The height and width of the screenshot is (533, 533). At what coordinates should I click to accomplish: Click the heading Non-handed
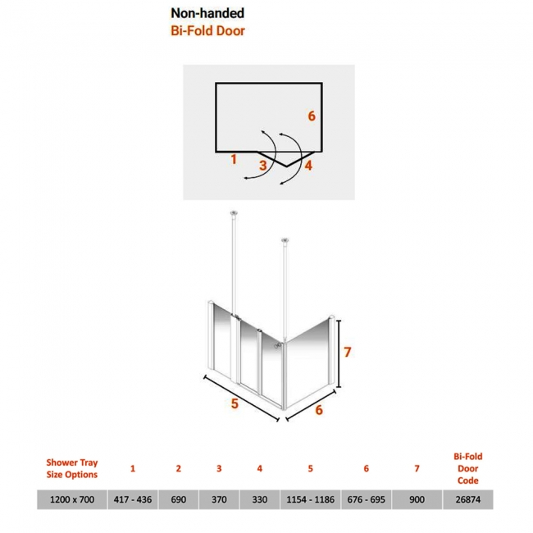tap(207, 13)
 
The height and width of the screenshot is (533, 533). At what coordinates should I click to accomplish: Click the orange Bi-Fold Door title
tap(207, 31)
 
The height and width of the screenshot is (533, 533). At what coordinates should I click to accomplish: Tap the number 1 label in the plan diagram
tap(234, 159)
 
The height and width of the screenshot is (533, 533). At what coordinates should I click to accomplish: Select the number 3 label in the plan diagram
tap(262, 166)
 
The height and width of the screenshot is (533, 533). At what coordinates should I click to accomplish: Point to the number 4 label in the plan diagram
tap(308, 166)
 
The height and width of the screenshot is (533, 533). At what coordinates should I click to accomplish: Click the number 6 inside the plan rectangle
tap(312, 116)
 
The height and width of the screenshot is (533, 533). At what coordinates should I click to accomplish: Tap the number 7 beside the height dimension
tap(347, 352)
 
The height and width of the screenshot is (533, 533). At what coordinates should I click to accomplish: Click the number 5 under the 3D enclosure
tap(235, 403)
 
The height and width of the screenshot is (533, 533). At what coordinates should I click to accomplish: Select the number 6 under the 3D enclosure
tap(319, 410)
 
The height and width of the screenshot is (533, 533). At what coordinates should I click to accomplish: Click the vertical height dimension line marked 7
tap(339, 353)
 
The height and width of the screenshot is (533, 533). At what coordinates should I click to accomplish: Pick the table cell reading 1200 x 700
tap(72, 499)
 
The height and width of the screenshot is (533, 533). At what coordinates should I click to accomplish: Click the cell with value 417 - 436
tap(133, 499)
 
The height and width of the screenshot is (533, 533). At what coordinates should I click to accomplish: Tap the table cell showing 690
tap(179, 499)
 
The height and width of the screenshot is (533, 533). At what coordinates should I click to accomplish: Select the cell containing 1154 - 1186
tap(310, 499)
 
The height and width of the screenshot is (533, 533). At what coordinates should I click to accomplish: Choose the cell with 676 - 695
tap(366, 499)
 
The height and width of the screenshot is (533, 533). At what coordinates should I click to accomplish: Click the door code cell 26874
tap(468, 499)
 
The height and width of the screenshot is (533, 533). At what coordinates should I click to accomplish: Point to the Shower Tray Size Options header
tap(72, 468)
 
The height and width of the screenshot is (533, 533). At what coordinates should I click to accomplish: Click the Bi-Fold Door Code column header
tap(468, 468)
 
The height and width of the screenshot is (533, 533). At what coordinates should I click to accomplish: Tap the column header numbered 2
tap(179, 468)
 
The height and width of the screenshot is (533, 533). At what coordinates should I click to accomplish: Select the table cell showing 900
tap(417, 499)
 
